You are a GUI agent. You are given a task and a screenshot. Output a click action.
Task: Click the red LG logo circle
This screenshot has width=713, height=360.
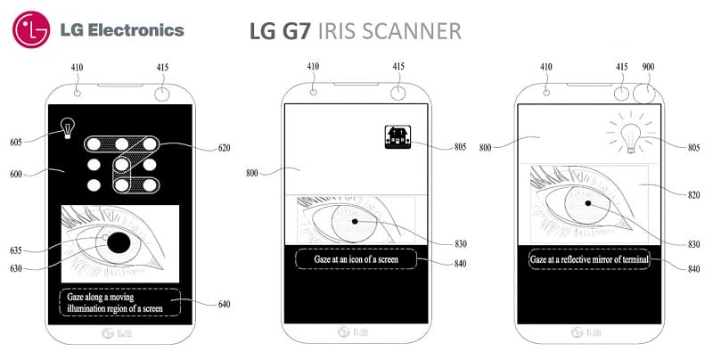[31, 29]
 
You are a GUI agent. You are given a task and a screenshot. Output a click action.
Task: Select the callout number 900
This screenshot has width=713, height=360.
[648, 67]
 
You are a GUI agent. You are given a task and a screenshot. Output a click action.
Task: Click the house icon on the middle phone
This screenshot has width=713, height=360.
[397, 137]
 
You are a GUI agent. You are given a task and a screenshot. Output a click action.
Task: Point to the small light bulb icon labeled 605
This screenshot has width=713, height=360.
[68, 128]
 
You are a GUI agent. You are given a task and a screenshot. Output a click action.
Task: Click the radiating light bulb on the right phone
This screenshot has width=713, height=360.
[631, 135]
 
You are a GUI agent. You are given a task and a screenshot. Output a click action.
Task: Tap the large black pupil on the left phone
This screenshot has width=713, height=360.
[119, 242]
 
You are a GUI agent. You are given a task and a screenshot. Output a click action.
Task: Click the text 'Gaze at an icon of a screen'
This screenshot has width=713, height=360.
[356, 259]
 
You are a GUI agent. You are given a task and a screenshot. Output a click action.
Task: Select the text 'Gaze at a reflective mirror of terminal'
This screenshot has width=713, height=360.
[589, 259]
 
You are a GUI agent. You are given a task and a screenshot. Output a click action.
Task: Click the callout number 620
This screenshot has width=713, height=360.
[225, 148]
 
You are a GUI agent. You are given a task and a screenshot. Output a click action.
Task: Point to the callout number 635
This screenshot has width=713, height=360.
[16, 250]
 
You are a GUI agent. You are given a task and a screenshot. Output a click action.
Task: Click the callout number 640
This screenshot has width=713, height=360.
[225, 304]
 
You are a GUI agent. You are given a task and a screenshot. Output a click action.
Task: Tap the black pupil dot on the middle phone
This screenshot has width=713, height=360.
[355, 221]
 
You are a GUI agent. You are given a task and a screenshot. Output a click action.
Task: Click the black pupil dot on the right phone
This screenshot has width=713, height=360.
[588, 203]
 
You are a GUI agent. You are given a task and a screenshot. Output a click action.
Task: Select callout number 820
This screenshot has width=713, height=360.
[693, 195]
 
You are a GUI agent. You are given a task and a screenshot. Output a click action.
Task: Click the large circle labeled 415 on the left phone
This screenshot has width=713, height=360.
[162, 94]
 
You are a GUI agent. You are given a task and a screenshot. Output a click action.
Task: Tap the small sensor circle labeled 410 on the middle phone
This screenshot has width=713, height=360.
[314, 92]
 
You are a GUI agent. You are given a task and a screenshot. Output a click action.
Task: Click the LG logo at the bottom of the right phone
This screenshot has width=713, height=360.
[586, 332]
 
